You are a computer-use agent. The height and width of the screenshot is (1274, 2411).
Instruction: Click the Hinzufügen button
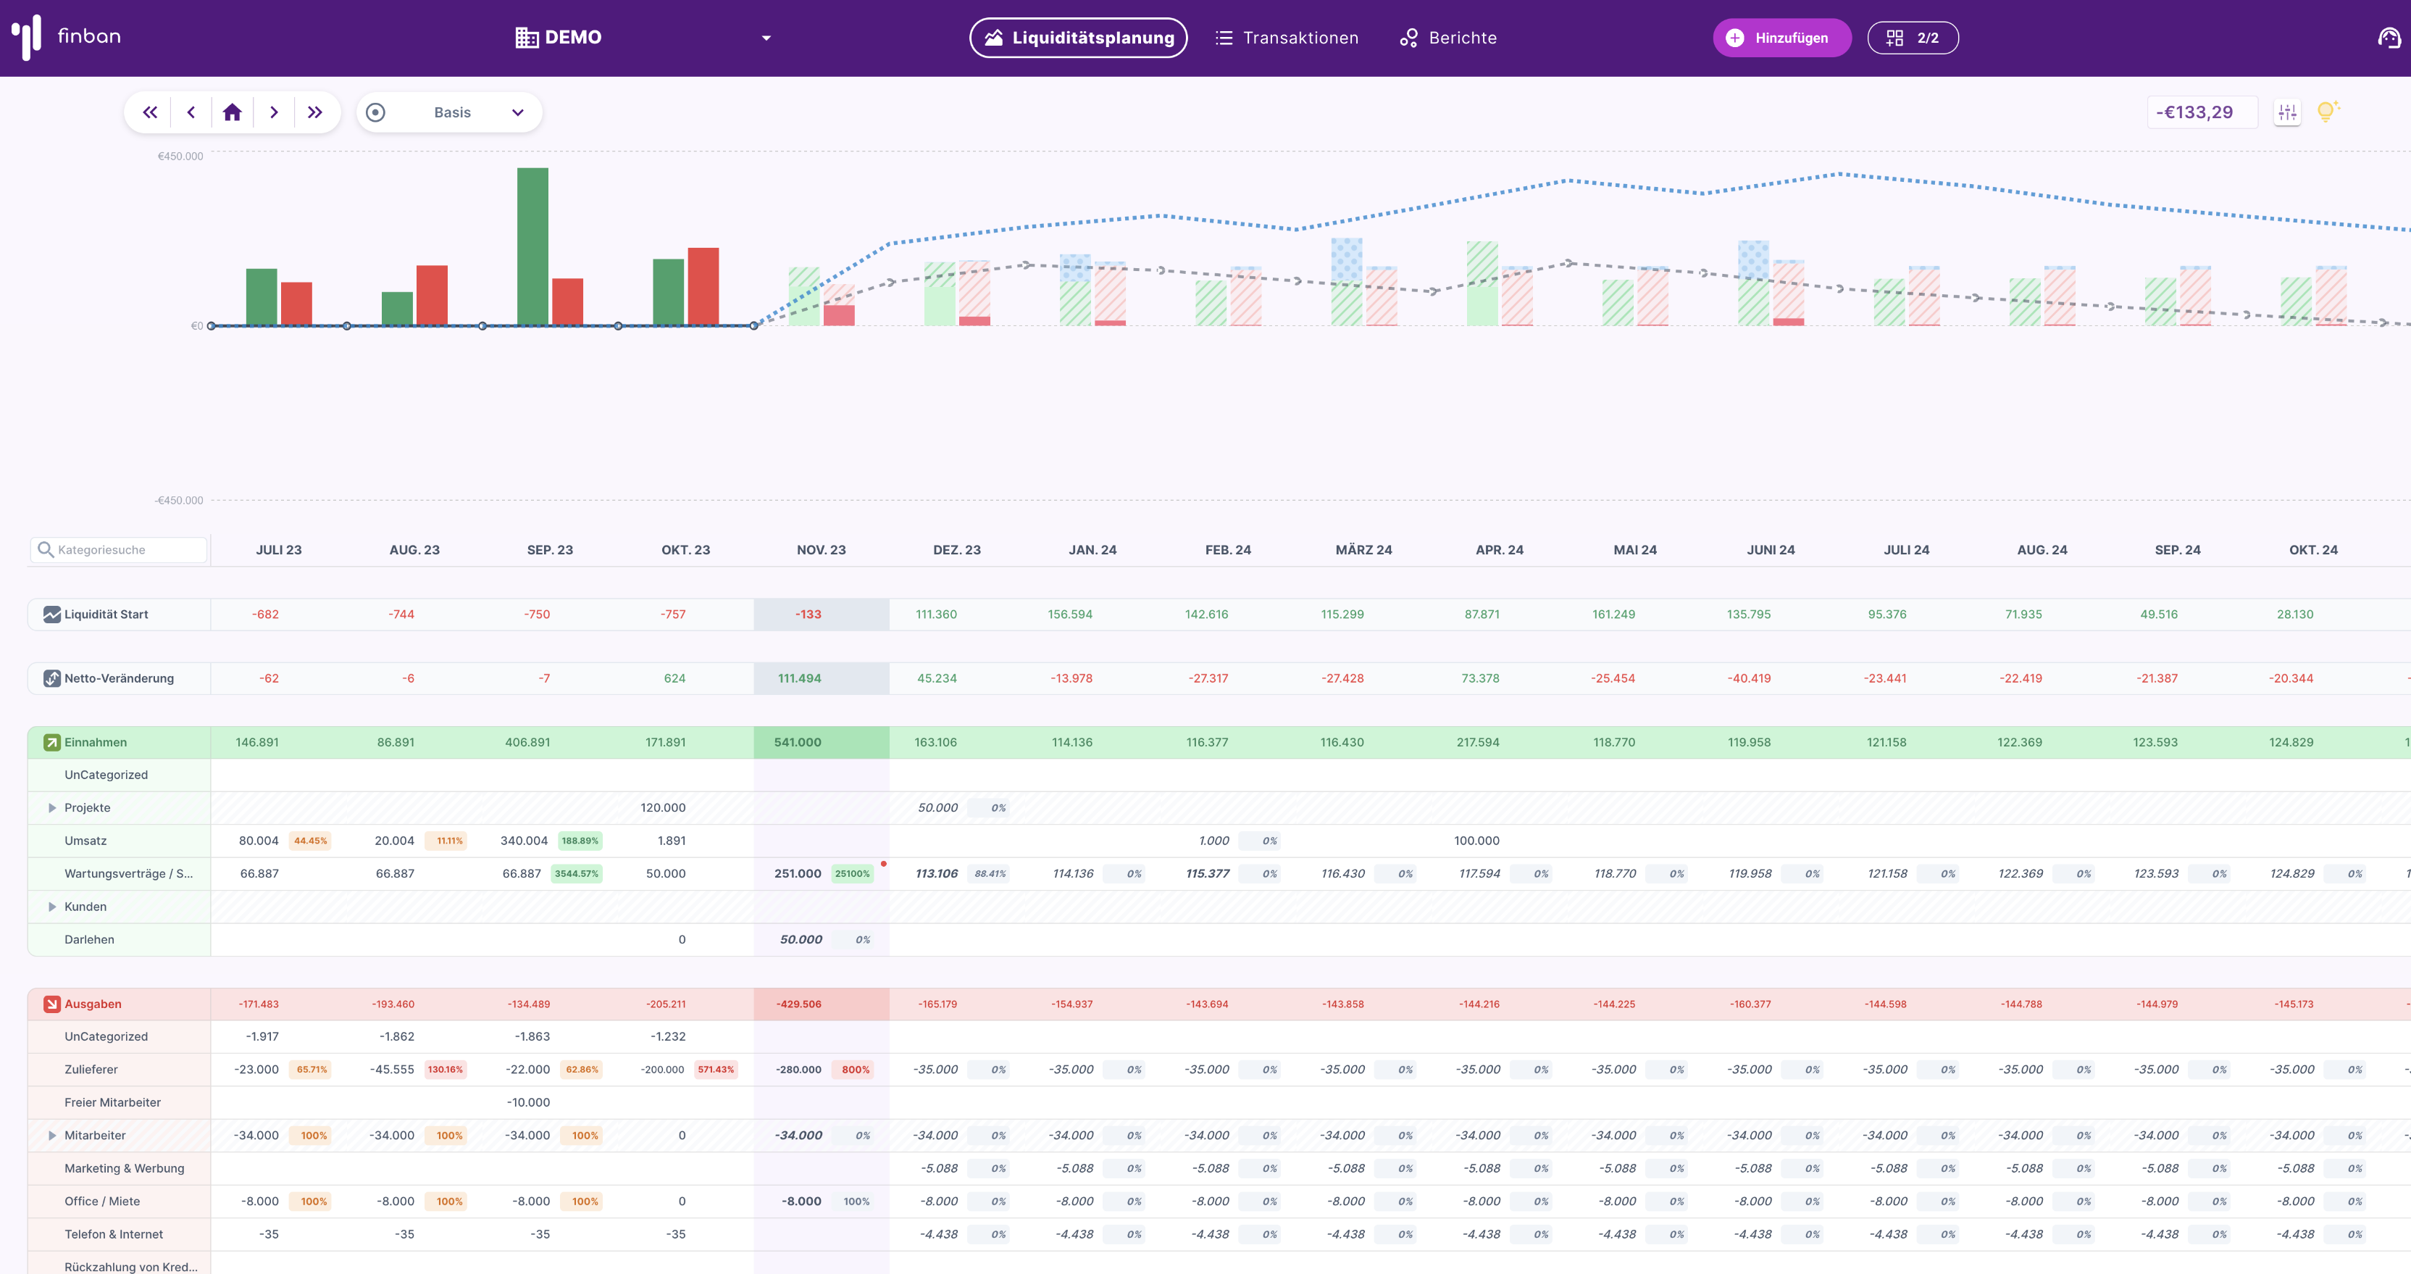click(1781, 38)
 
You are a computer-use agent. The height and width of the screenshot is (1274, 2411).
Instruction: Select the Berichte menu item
click(1448, 38)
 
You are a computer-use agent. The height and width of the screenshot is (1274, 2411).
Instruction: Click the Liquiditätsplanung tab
click(1078, 38)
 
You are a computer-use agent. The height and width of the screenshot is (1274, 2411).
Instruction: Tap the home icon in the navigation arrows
click(232, 112)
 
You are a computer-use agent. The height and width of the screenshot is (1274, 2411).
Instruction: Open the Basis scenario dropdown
click(449, 112)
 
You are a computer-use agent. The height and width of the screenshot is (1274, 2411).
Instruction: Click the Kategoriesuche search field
click(119, 549)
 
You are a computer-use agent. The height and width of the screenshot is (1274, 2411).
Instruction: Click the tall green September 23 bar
click(532, 247)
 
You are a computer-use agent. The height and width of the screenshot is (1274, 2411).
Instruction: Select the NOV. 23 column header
click(821, 549)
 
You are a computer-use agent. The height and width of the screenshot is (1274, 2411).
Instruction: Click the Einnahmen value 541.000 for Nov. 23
click(798, 742)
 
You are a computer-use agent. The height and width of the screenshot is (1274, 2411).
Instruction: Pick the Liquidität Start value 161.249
click(1613, 614)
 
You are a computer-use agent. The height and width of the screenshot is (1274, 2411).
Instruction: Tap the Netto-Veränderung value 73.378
click(1480, 678)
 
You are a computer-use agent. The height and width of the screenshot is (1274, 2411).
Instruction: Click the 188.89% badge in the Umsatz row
click(580, 841)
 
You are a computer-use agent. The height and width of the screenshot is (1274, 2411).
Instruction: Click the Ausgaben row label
click(93, 1004)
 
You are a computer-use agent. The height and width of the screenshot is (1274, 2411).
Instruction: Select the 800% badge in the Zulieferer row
click(855, 1069)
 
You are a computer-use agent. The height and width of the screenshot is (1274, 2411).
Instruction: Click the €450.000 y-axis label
click(180, 157)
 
